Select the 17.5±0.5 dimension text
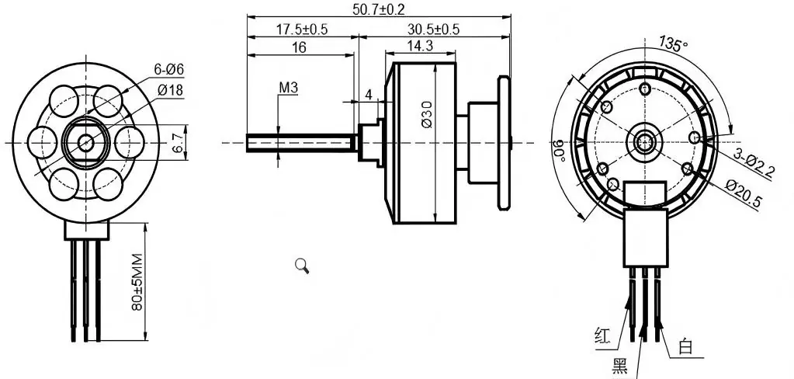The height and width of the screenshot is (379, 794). coord(302,29)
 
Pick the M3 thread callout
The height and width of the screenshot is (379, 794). coord(288,88)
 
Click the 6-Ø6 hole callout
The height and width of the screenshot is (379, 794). coord(169,70)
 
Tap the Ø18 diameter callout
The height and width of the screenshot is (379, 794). coord(169,90)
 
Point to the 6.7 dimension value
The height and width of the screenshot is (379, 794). coord(178,141)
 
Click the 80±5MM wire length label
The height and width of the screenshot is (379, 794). coord(137,280)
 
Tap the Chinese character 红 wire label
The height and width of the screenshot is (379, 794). coord(602,336)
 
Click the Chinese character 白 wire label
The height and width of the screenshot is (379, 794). coord(685,346)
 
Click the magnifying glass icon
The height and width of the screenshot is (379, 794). coord(303,266)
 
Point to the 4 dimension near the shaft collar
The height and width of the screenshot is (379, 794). coord(369,95)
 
